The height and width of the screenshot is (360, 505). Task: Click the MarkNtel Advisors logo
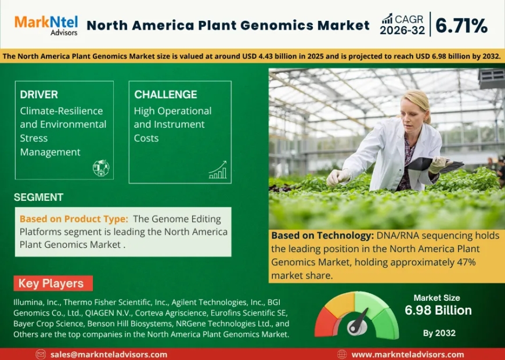[x=46, y=25]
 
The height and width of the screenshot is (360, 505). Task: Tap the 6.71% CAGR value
[x=461, y=26]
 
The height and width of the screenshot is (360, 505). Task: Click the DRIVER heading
[x=39, y=95]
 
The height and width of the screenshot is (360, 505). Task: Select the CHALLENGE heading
[x=165, y=95]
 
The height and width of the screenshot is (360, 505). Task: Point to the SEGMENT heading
[x=38, y=197]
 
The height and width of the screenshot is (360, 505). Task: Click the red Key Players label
[x=51, y=284]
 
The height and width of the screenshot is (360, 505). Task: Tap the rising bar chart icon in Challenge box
[x=218, y=170]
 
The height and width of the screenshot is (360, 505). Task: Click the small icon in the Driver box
[x=100, y=168]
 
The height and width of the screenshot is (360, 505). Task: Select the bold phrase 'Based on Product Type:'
[x=74, y=219]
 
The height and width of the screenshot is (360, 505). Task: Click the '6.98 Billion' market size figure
[x=438, y=311]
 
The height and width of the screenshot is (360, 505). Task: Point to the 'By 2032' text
[x=438, y=333]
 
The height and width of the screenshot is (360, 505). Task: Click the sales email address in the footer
[x=109, y=354]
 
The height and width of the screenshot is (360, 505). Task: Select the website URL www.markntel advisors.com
[x=407, y=354]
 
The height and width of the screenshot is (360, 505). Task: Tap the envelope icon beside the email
[x=41, y=354]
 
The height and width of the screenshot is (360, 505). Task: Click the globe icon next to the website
[x=342, y=354]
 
